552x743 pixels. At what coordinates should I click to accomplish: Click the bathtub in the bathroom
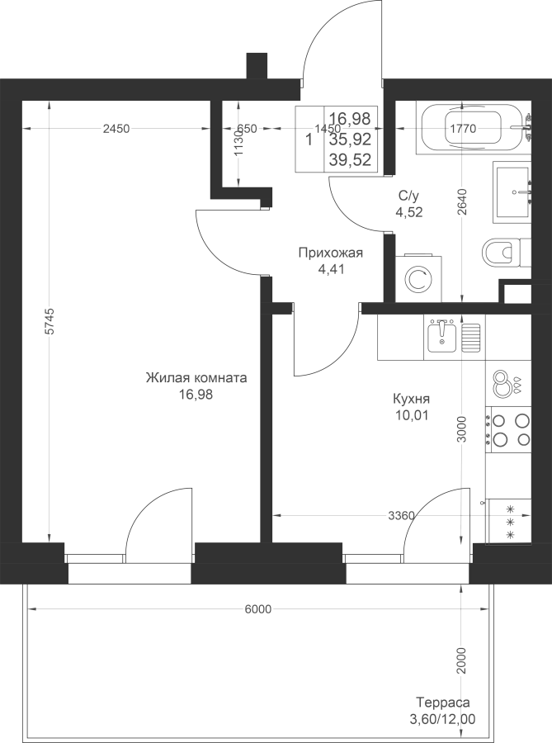pyautogui.click(x=474, y=128)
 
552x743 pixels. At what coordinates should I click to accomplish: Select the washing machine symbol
pyautogui.click(x=418, y=279)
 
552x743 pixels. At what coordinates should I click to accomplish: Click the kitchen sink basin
pyautogui.click(x=441, y=335)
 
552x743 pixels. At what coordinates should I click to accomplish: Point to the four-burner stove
pyautogui.click(x=508, y=429)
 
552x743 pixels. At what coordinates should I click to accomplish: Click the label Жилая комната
pyautogui.click(x=196, y=378)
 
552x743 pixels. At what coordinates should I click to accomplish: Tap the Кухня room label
pyautogui.click(x=412, y=399)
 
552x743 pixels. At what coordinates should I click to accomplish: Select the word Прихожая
pyautogui.click(x=330, y=253)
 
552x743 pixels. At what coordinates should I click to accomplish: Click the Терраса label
pyautogui.click(x=442, y=702)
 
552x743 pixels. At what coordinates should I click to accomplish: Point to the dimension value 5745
pyautogui.click(x=50, y=322)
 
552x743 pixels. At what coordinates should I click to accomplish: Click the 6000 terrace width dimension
pyautogui.click(x=258, y=609)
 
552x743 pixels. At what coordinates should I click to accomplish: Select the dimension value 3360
pyautogui.click(x=402, y=515)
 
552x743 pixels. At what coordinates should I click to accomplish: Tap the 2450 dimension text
pyautogui.click(x=116, y=129)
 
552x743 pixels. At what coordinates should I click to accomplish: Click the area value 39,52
pyautogui.click(x=351, y=160)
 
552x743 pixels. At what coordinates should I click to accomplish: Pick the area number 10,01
pyautogui.click(x=412, y=415)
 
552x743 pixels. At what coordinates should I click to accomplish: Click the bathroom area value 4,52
pyautogui.click(x=409, y=211)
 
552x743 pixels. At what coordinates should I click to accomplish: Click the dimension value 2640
pyautogui.click(x=463, y=202)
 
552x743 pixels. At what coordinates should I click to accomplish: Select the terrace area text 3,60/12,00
pyautogui.click(x=442, y=719)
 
